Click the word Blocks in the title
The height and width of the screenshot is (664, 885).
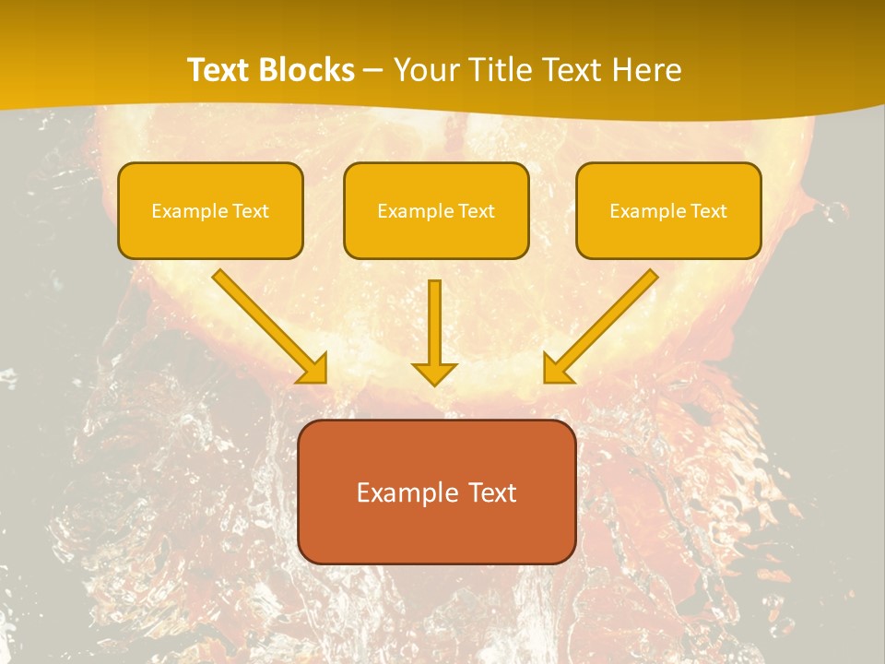click(309, 70)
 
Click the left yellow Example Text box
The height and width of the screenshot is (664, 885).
click(210, 211)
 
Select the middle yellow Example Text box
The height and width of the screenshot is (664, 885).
click(436, 211)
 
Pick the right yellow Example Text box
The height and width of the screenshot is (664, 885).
click(668, 211)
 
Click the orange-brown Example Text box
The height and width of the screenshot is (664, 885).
click(436, 492)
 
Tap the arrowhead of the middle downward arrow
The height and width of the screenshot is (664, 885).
click(434, 373)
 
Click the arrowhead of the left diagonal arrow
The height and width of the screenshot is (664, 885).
click(313, 369)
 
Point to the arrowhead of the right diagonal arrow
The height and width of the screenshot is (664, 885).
click(557, 369)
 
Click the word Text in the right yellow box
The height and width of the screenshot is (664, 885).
click(708, 211)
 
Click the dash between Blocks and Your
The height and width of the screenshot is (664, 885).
click(374, 71)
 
